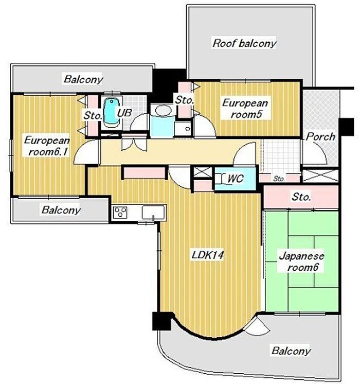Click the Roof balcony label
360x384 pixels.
tap(244, 43)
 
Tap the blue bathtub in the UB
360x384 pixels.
tap(112, 112)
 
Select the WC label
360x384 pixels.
tap(236, 179)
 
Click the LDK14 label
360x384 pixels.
tap(207, 255)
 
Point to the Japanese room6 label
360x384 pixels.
tap(302, 261)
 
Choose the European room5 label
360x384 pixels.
tap(245, 108)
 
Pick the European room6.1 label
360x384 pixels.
tap(47, 146)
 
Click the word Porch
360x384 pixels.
tap(320, 136)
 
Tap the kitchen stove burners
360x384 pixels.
tap(120, 212)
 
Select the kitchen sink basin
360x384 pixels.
tap(153, 212)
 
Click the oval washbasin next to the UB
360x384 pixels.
tap(162, 110)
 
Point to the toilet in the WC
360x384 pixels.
tap(221, 179)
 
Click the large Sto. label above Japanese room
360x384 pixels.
tap(301, 197)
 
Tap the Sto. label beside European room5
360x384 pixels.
tap(185, 100)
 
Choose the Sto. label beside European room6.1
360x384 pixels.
tap(93, 115)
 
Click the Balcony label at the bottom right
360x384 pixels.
tap(291, 351)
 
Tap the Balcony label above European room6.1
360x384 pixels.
tap(83, 79)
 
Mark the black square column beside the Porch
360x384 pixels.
tap(346, 127)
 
